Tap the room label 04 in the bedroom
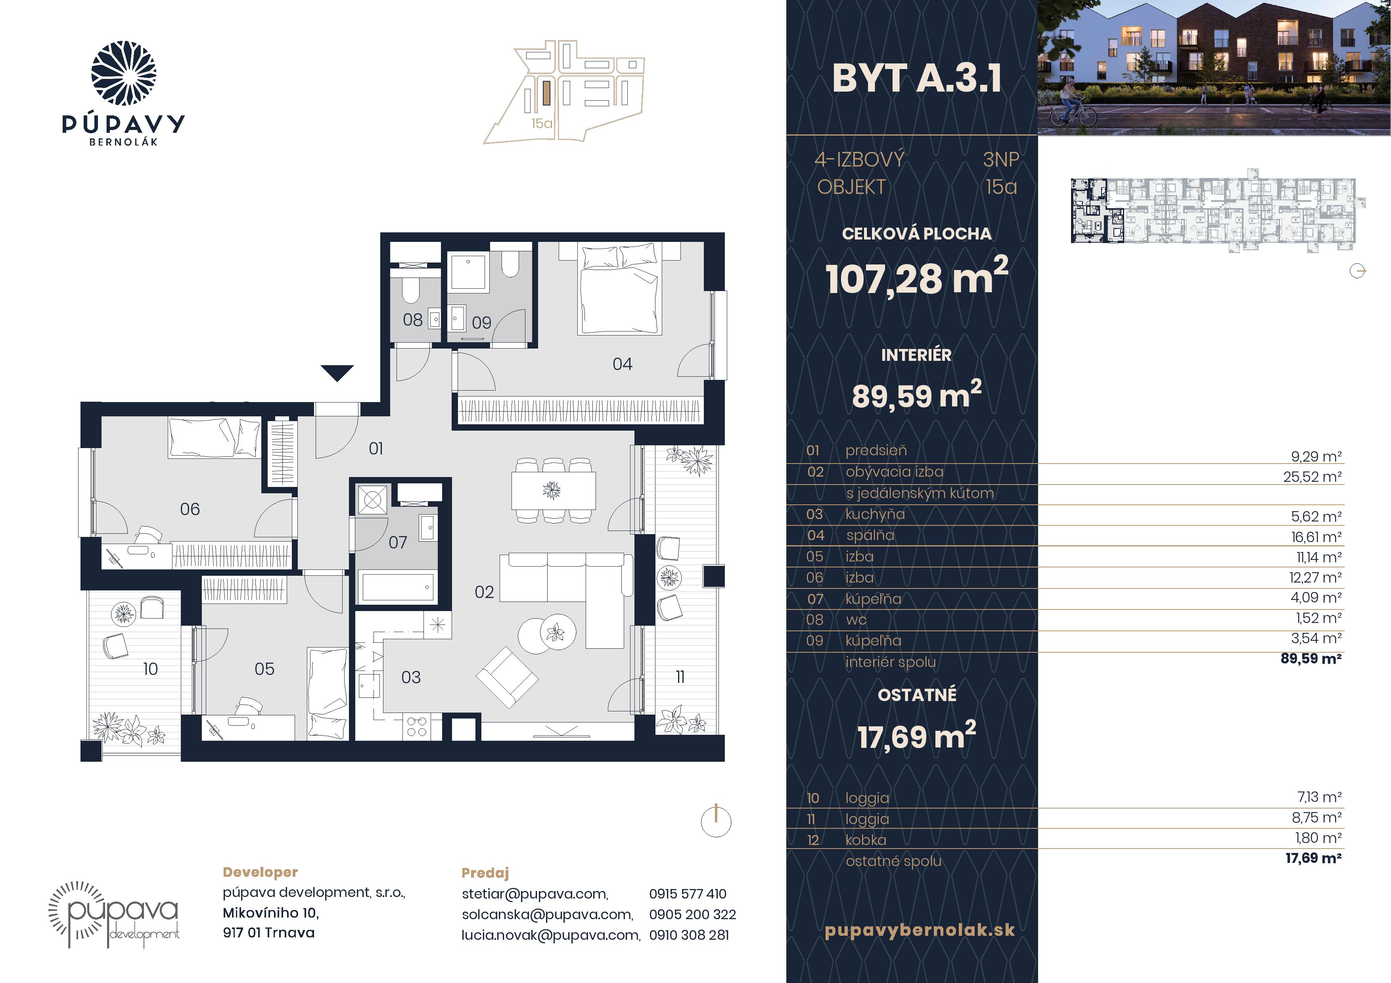pyautogui.click(x=622, y=364)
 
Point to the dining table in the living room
pyautogui.click(x=553, y=490)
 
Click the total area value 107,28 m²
pyautogui.click(x=917, y=278)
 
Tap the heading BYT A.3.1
pyautogui.click(x=917, y=79)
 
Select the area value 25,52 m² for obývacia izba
pyautogui.click(x=1312, y=477)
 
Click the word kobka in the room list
pyautogui.click(x=866, y=840)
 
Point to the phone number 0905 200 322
pyautogui.click(x=692, y=914)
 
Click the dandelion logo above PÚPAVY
pyautogui.click(x=124, y=73)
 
